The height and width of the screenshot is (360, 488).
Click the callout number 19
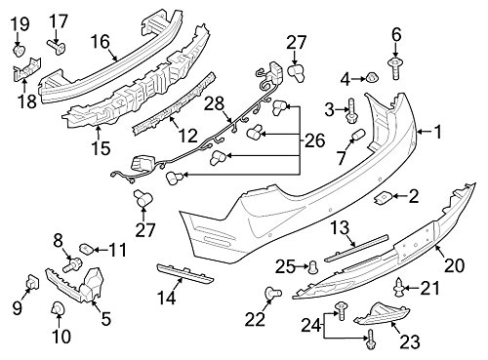pyautogui.click(x=20, y=24)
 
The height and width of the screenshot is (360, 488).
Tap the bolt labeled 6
pyautogui.click(x=395, y=68)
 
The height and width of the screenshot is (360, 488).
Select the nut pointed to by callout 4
pyautogui.click(x=371, y=78)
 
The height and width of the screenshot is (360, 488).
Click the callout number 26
pyautogui.click(x=315, y=140)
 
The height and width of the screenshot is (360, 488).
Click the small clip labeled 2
pyautogui.click(x=383, y=198)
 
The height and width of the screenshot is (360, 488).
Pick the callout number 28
pyautogui.click(x=215, y=104)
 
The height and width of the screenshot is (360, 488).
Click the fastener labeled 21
pyautogui.click(x=399, y=288)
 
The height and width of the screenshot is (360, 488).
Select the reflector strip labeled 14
pyautogui.click(x=185, y=273)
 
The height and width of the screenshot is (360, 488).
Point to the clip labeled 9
pyautogui.click(x=33, y=282)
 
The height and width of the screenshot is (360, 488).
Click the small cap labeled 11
pyautogui.click(x=86, y=249)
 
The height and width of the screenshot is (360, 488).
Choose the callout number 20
pyautogui.click(x=454, y=266)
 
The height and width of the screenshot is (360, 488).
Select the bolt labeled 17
pyautogui.click(x=57, y=48)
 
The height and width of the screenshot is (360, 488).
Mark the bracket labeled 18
pyautogui.click(x=27, y=69)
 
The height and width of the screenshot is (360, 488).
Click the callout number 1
pyautogui.click(x=438, y=132)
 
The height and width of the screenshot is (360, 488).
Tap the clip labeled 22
pyautogui.click(x=272, y=293)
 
